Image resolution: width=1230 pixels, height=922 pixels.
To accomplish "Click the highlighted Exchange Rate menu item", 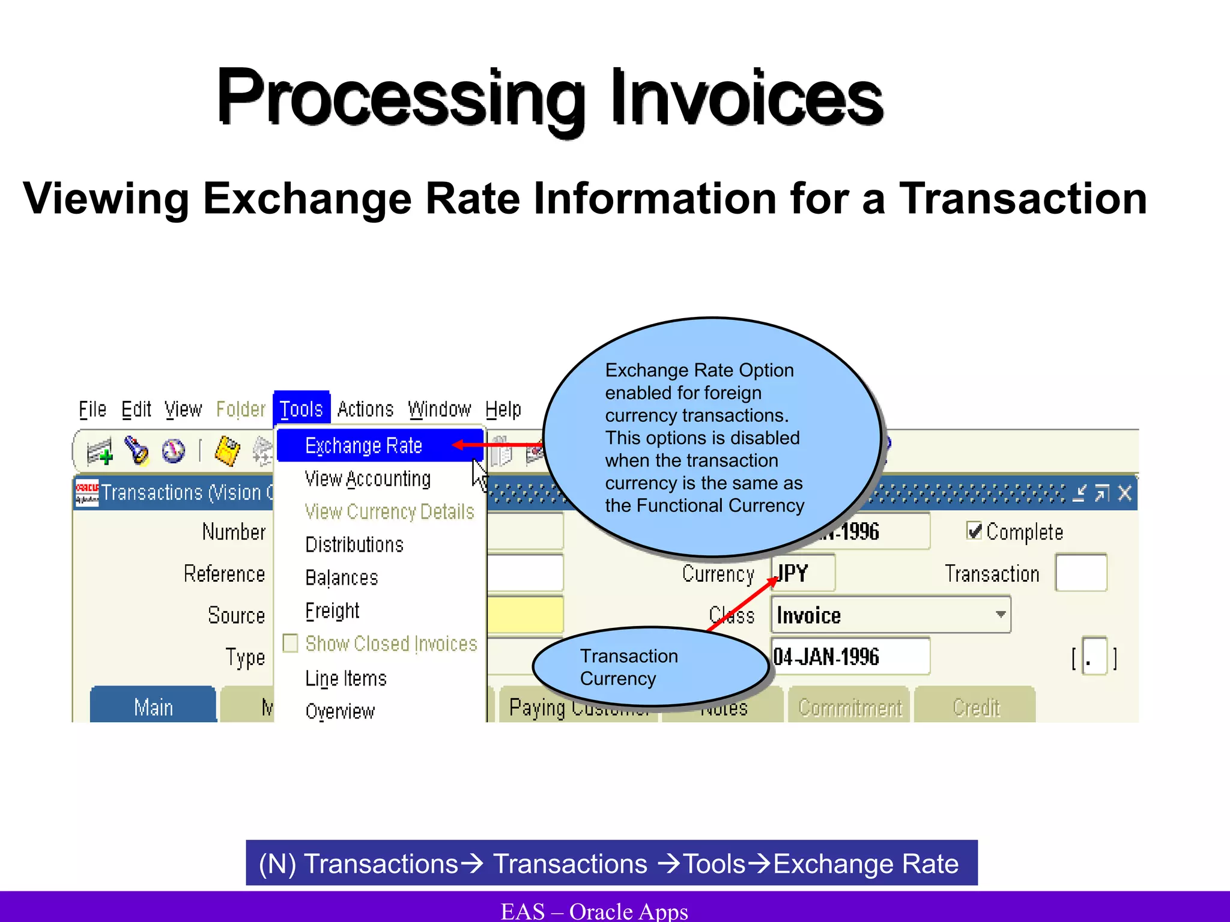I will pos(364,446).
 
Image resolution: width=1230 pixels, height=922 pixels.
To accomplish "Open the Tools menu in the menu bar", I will pos(301,409).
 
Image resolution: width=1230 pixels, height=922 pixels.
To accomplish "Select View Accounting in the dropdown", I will pos(368,479).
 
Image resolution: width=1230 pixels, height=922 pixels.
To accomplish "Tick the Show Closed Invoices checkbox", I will pos(291,643).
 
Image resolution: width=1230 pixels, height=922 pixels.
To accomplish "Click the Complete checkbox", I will pos(974,531).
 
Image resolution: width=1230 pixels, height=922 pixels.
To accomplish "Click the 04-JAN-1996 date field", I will pos(849,657).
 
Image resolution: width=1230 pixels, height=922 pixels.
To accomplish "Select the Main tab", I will pos(153,707).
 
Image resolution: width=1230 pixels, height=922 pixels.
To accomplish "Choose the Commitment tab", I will pos(849,707).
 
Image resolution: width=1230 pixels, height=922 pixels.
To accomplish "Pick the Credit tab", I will pos(975,707).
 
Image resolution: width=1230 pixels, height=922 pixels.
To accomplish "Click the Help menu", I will pos(503,409).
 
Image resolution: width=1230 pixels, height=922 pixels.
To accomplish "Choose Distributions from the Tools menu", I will pos(354,544).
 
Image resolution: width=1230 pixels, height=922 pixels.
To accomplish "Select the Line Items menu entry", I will pos(346,678).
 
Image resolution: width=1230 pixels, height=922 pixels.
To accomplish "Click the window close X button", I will pos(1124,493).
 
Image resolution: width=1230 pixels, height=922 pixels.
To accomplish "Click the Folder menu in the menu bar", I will pos(240,409).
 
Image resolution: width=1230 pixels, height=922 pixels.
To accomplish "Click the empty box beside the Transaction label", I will pos(1081,573).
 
